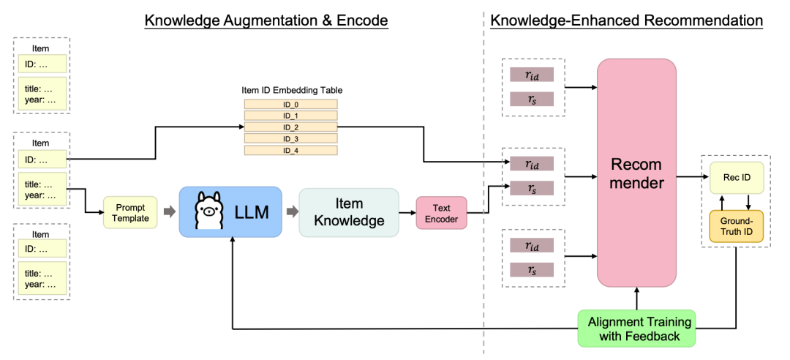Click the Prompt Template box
(131, 212)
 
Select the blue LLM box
(230, 212)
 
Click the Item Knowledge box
(349, 212)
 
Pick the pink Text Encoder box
(441, 212)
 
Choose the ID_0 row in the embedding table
(290, 105)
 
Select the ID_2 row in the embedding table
(290, 127)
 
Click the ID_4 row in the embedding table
(290, 150)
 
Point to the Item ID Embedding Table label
(292, 90)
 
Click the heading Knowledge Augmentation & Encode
(266, 20)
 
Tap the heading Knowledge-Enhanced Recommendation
(627, 20)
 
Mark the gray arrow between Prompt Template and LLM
(168, 212)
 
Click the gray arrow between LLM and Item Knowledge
(290, 212)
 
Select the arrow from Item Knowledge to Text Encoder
(407, 212)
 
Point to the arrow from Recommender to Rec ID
(688, 176)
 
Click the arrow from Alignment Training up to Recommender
(636, 299)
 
